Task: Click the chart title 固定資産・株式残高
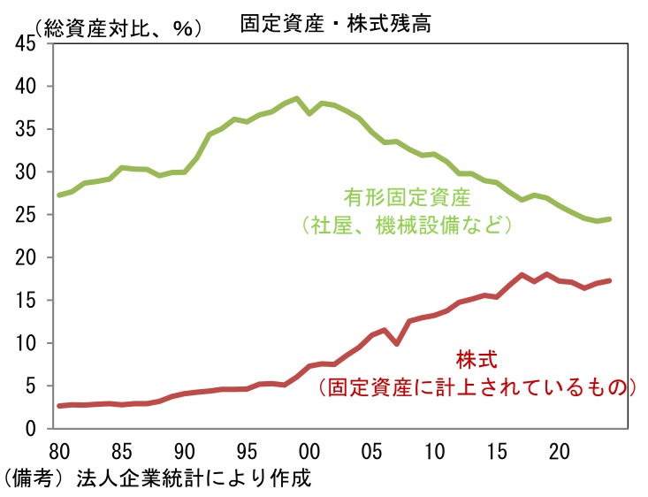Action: coord(335,24)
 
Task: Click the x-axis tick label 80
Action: coord(59,449)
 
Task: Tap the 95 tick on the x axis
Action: coord(246,449)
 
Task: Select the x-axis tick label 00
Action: coord(309,449)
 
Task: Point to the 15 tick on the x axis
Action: coord(495,449)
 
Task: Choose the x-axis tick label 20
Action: coord(558,449)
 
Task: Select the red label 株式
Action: coord(477,360)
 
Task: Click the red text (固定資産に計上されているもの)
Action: coord(477,387)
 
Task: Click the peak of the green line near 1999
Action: coord(296,98)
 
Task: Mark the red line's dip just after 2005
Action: coord(396,344)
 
